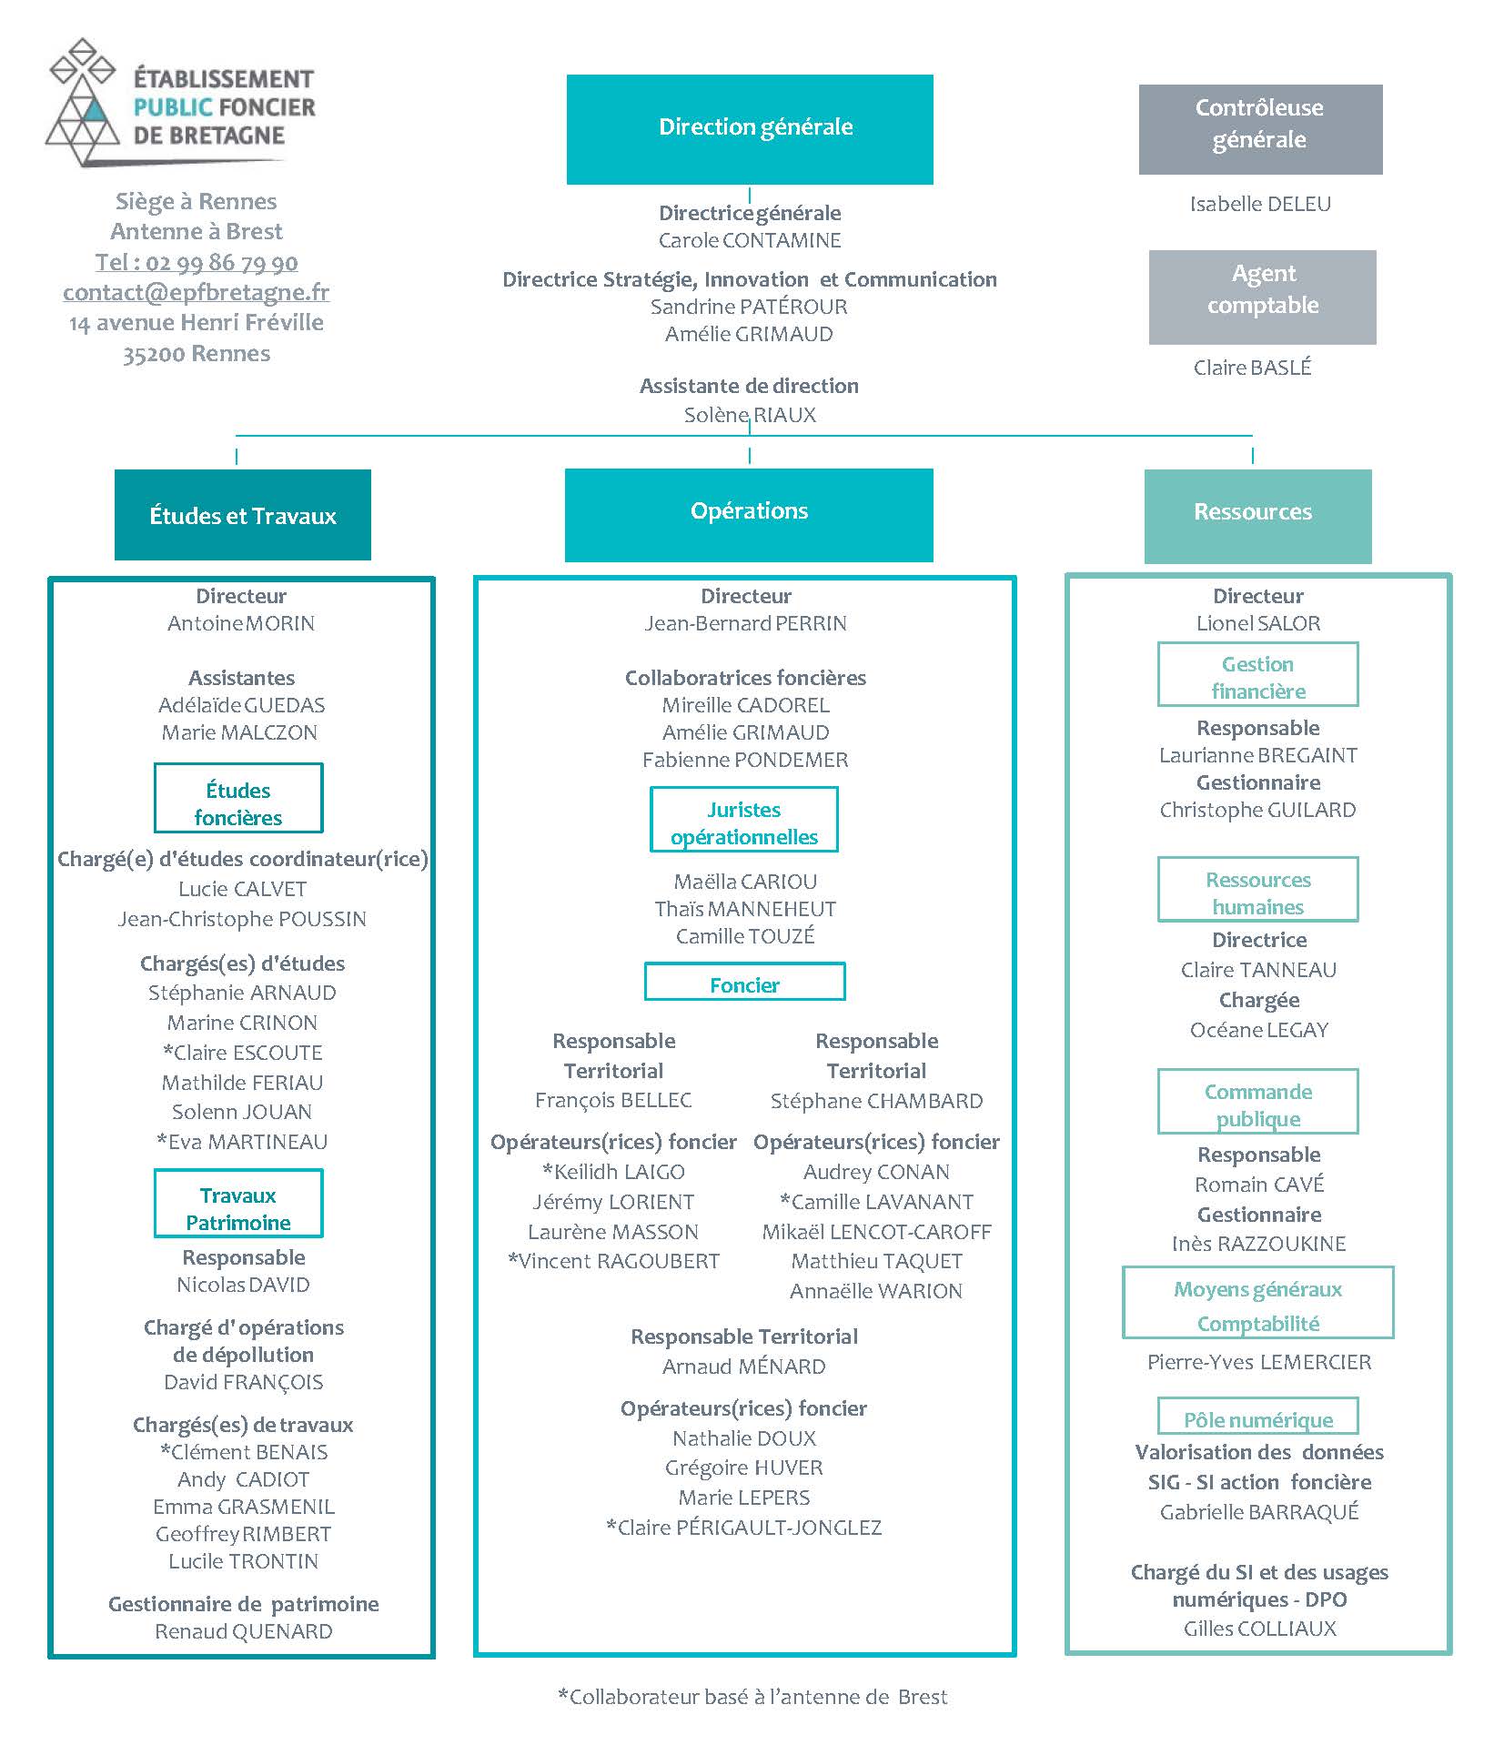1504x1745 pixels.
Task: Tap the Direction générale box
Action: pos(750,129)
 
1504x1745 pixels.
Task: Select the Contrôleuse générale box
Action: pos(1260,129)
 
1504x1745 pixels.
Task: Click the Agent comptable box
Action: pos(1262,298)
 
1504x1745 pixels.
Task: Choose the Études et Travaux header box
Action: pos(243,515)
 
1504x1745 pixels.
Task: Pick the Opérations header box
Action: pos(749,515)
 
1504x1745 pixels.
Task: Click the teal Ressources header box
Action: pos(1257,516)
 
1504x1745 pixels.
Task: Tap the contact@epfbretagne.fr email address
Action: pos(197,292)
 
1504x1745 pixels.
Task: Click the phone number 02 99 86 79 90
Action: pos(222,262)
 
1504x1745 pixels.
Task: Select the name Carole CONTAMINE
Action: pos(750,240)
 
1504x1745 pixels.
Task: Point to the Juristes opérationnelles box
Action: pos(744,820)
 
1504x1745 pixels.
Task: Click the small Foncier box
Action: pos(745,982)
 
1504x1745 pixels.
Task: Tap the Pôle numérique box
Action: pos(1258,1416)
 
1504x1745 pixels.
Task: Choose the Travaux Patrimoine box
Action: pos(238,1204)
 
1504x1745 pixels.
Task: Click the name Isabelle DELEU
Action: pos(1260,204)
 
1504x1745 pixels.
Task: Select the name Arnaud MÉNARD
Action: pos(744,1367)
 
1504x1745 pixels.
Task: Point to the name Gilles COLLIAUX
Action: pos(1260,1629)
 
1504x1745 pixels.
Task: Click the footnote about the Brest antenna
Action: pos(752,1697)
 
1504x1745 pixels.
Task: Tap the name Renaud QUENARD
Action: pos(244,1631)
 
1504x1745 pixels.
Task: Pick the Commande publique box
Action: pos(1258,1102)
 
